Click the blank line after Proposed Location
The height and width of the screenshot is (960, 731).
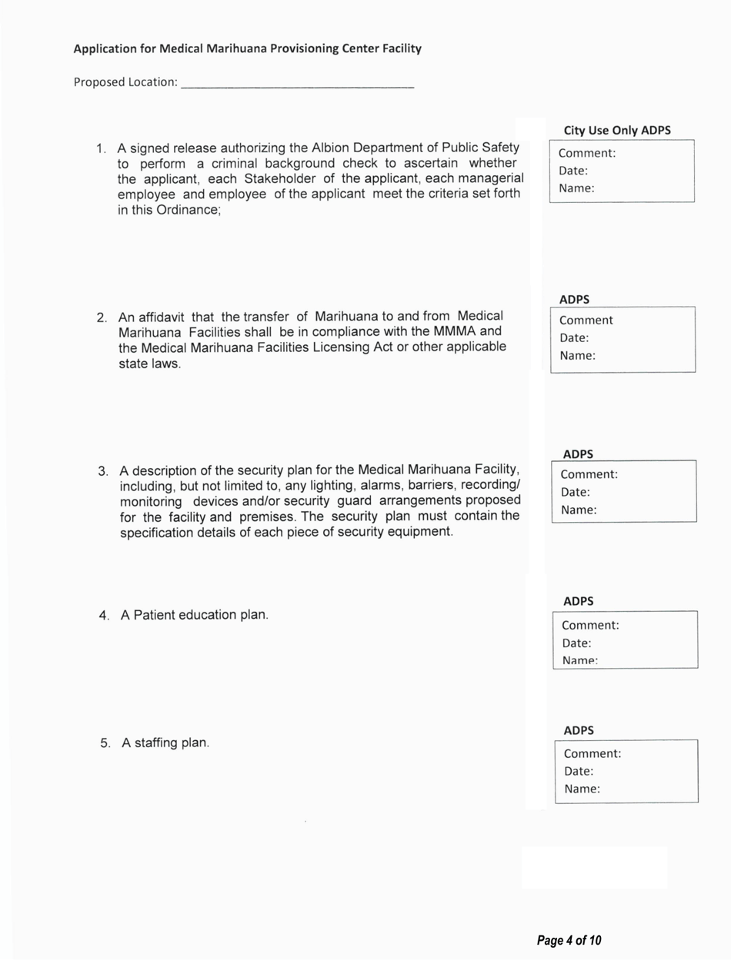click(297, 83)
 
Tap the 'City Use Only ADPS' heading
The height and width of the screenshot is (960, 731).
click(617, 131)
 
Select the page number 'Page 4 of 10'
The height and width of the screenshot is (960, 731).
click(569, 940)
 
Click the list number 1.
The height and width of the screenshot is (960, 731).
click(100, 148)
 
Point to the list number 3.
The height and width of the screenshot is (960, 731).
click(102, 470)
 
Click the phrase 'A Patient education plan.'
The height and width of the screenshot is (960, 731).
click(195, 616)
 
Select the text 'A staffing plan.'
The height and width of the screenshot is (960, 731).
click(165, 743)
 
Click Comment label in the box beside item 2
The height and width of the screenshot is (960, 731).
click(586, 321)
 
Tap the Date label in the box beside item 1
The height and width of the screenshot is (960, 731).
click(573, 171)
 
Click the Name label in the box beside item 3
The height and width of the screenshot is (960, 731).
click(579, 510)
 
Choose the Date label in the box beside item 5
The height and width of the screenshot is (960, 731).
click(579, 771)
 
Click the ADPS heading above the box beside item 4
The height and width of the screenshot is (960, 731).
click(579, 601)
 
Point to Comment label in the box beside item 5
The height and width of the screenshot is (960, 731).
click(592, 754)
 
